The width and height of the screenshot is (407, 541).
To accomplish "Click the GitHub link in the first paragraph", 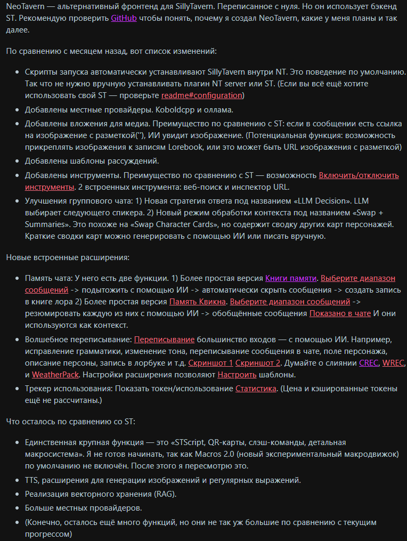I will click(124, 19).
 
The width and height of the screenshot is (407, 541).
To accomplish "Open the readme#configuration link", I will click(202, 95).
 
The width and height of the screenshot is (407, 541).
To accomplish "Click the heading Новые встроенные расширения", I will click(68, 257).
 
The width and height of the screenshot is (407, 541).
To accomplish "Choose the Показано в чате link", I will click(340, 313).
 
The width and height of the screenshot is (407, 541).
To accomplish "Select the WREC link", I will click(394, 363).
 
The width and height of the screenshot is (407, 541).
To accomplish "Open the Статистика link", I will click(256, 389).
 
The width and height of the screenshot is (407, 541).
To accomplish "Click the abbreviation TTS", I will click(32, 480).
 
